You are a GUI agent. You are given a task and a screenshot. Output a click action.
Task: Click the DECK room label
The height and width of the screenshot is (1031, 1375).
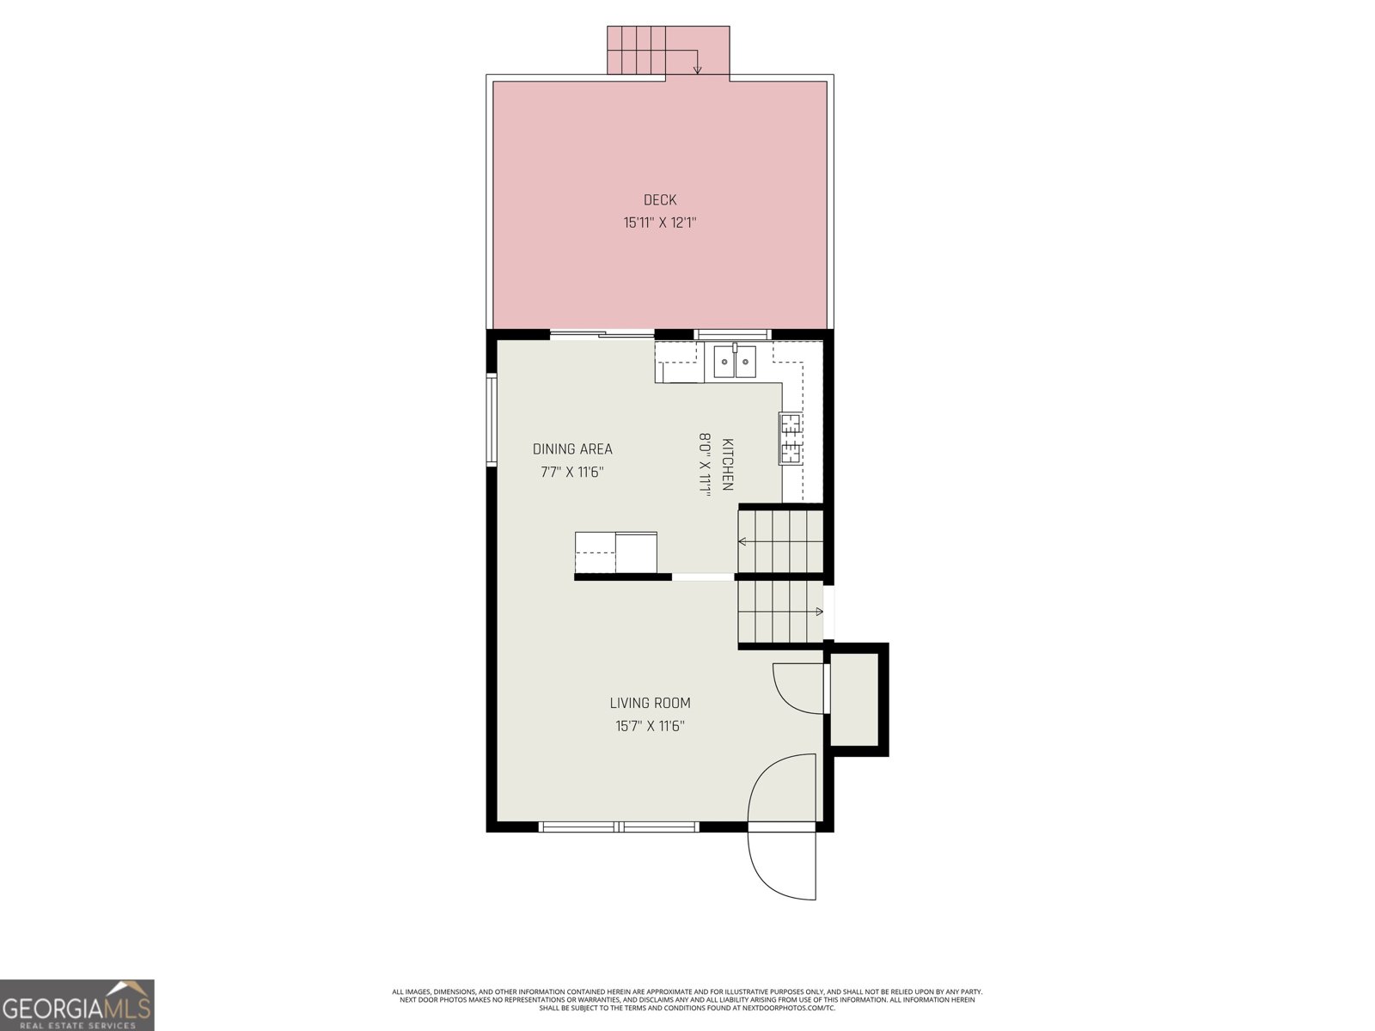[660, 200]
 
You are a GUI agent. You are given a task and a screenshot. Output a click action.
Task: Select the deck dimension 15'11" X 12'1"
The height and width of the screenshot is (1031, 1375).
[660, 223]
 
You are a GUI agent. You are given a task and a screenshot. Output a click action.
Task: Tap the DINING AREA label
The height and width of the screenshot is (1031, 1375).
[572, 449]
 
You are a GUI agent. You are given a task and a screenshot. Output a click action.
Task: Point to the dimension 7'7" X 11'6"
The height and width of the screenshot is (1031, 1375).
[572, 472]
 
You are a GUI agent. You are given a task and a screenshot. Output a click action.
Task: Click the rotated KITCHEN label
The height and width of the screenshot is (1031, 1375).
[727, 465]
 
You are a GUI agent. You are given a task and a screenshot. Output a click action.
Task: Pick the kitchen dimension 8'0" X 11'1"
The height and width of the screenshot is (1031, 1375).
[705, 465]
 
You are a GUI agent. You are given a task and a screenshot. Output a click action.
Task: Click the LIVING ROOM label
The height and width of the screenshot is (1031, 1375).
[650, 703]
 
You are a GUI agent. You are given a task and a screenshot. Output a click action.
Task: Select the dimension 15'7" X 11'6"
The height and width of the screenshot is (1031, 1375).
[650, 726]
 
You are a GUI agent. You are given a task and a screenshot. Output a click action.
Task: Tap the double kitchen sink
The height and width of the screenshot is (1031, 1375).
[735, 362]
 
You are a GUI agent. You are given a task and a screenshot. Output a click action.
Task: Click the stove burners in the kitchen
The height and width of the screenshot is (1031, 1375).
[791, 438]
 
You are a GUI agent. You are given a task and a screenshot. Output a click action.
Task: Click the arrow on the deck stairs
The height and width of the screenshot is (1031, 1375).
[697, 66]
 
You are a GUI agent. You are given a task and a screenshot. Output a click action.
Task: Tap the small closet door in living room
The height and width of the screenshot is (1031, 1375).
[795, 687]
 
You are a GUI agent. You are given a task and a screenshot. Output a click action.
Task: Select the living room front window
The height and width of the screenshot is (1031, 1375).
[619, 827]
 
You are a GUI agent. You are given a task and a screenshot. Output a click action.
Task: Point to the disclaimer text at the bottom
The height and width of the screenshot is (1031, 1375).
[687, 999]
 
